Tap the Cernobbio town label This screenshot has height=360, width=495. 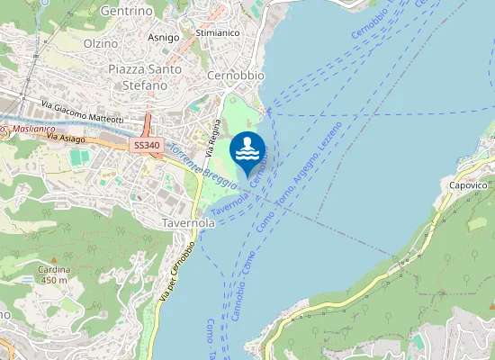coord(235,76)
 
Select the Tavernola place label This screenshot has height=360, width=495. coord(189,222)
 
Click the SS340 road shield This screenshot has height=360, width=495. coord(147,144)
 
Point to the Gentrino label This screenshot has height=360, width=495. coord(126,12)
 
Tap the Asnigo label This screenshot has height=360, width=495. coord(163,38)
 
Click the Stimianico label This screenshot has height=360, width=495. coord(217,32)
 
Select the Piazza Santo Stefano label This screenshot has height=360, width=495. coord(145,76)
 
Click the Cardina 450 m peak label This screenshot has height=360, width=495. coord(53,274)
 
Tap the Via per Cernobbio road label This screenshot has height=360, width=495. coord(176,272)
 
